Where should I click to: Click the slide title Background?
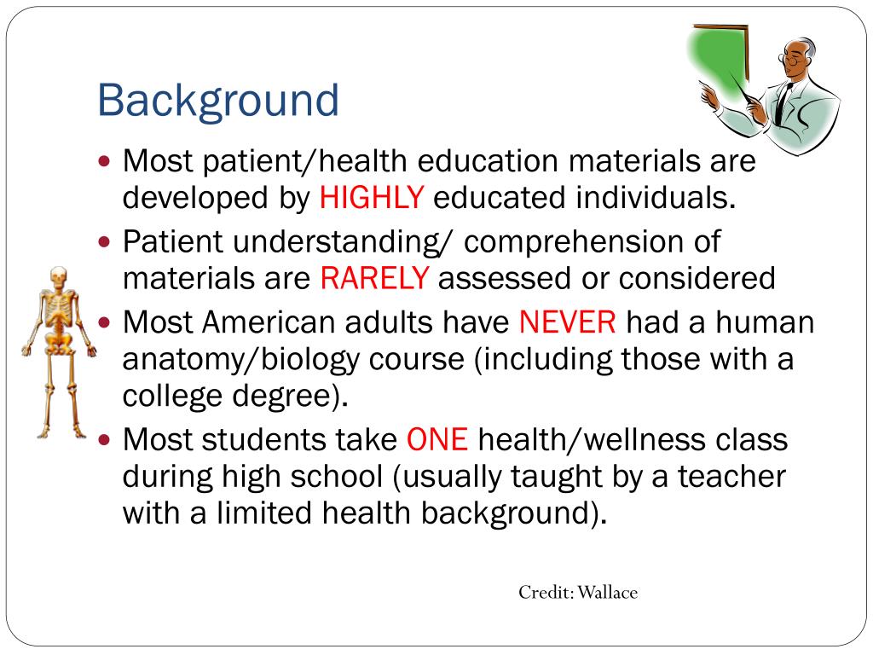[218, 100]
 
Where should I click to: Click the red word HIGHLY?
[371, 198]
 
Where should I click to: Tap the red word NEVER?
[567, 322]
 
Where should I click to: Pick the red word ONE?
[437, 440]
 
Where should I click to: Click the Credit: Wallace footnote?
[578, 592]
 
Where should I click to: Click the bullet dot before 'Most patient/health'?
[105, 160]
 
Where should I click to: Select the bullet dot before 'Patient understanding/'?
[105, 242]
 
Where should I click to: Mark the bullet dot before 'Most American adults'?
[105, 323]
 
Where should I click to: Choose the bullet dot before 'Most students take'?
[105, 441]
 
